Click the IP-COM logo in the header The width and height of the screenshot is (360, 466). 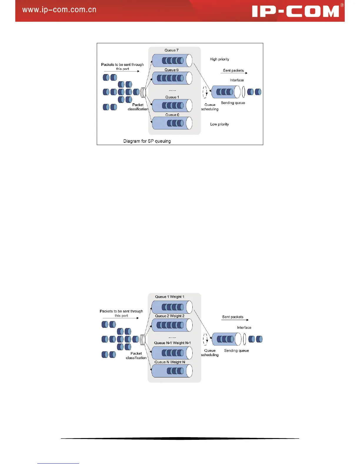point(295,11)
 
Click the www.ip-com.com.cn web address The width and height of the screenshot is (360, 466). point(59,10)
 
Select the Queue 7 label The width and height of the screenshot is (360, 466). point(171,50)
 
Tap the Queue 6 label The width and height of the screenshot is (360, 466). point(171,70)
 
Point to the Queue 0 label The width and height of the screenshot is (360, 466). point(172,115)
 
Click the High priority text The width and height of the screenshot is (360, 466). point(219,59)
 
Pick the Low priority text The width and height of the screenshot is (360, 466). point(219,124)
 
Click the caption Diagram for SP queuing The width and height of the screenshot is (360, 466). point(147,141)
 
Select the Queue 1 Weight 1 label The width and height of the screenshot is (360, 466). point(170,297)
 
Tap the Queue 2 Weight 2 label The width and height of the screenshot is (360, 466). point(170,316)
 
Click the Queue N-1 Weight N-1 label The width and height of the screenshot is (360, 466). point(172,343)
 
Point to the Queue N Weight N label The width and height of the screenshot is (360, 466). point(170,362)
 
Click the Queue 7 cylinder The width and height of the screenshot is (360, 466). point(172,61)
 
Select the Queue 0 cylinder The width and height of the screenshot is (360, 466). point(172,123)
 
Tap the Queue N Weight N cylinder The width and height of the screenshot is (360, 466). point(172,371)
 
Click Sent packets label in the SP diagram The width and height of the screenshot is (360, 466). point(233,71)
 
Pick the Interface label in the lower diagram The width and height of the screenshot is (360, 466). point(244,327)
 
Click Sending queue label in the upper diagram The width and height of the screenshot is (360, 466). point(233,103)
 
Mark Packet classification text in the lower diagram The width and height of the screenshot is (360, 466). point(136,356)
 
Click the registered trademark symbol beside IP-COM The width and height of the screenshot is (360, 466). point(342,5)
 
